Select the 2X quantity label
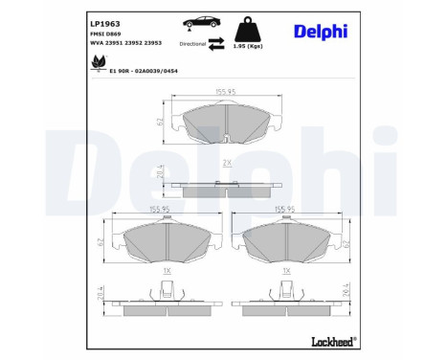(226, 164)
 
